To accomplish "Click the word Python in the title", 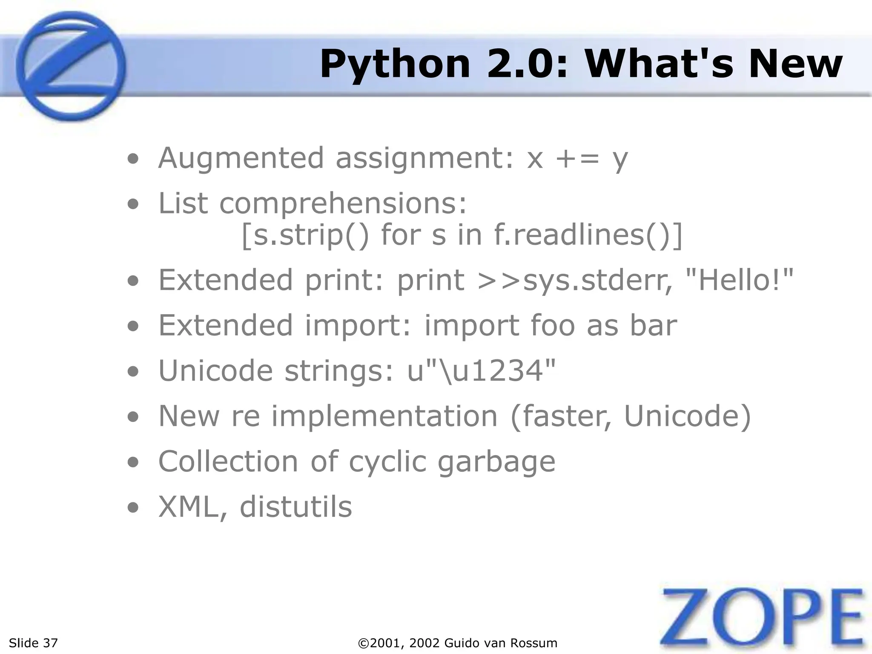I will point(395,65).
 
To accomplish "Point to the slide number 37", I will point(50,643).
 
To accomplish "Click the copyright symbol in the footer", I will point(364,643).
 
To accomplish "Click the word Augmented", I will point(241,158).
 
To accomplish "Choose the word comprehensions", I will point(343,204).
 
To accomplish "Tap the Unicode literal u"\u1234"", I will point(482,370).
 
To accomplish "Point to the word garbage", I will point(496,462).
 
